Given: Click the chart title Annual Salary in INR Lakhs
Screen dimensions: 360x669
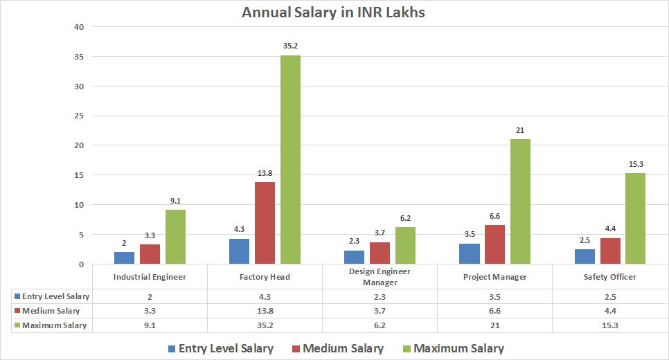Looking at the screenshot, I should (334, 12).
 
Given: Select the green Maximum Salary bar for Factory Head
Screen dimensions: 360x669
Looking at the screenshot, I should (290, 159).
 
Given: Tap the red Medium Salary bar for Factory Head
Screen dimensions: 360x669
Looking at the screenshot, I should (265, 223).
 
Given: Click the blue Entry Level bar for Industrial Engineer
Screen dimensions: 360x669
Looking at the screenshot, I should (124, 258).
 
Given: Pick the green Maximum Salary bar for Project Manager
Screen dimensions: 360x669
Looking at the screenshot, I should (520, 201).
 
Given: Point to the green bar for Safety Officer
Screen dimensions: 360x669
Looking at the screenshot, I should (635, 218).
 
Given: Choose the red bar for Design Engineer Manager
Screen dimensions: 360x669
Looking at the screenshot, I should (380, 253).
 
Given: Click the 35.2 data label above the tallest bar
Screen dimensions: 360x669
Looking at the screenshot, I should (290, 46).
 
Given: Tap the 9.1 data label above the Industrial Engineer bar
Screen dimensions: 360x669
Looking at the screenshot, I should (175, 201).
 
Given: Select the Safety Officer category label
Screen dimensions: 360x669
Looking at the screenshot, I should (609, 277).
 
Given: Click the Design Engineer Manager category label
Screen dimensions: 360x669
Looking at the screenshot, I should (380, 277).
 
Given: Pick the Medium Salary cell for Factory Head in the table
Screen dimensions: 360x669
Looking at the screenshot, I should (265, 311).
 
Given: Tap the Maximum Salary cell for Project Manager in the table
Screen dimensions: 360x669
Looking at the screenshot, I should (494, 325).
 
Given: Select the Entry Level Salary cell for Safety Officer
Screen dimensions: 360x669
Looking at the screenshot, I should (609, 296).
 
